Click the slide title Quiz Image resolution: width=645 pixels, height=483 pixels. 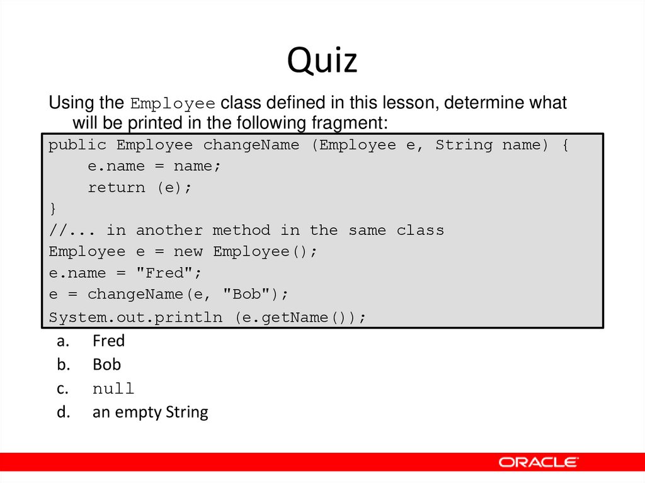point(322,61)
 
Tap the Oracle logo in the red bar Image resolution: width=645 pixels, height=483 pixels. point(538,462)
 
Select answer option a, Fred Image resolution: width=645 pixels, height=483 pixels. point(108,341)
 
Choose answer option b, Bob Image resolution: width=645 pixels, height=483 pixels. point(106,365)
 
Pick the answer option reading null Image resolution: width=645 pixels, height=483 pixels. point(113,389)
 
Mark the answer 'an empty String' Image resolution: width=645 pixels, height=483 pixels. point(150,412)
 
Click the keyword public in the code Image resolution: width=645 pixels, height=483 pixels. point(77,145)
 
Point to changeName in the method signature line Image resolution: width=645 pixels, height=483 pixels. point(251,145)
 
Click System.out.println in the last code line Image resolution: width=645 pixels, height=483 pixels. point(135,317)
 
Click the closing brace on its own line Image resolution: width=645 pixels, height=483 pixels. point(53,208)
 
